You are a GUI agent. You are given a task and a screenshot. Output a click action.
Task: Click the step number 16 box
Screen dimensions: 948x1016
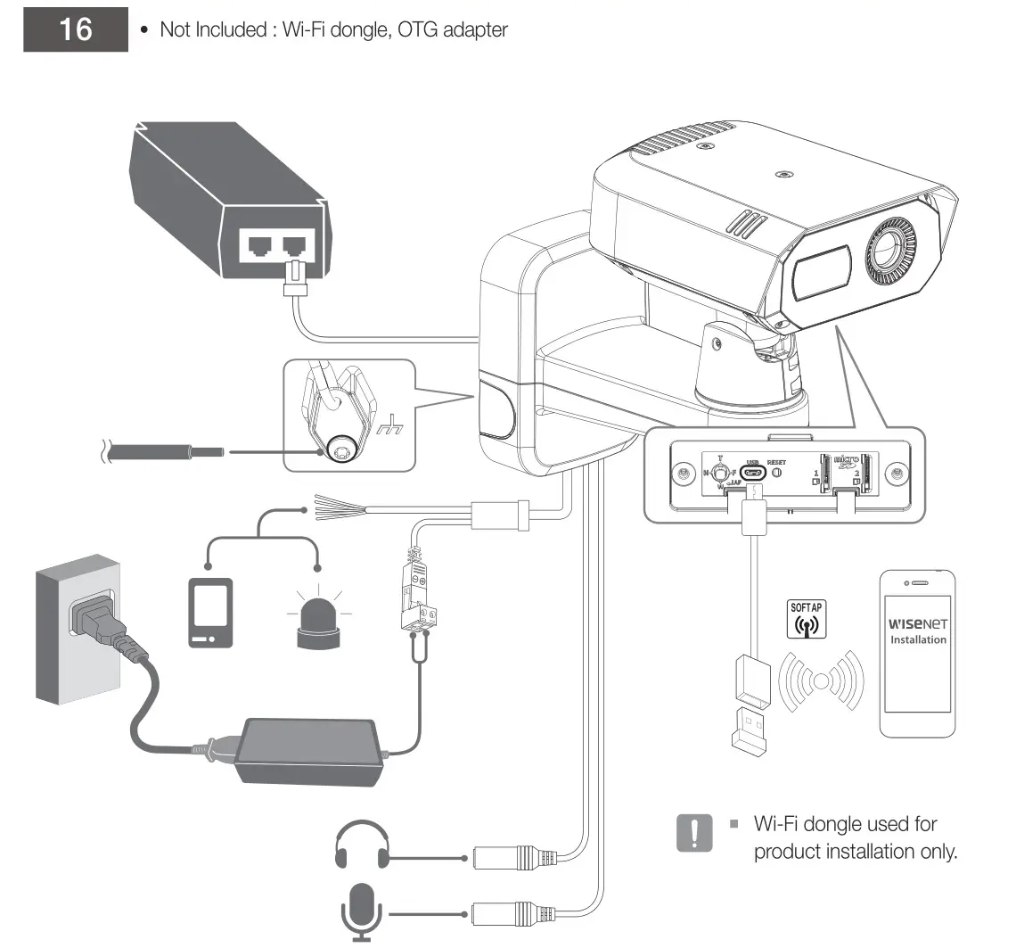click(x=76, y=29)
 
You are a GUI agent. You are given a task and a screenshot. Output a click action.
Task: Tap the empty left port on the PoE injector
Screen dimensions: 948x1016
click(x=258, y=245)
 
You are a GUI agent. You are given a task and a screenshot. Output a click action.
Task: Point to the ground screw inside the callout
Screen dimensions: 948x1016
click(x=340, y=453)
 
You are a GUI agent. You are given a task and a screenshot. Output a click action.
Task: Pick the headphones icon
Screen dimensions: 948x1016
click(x=362, y=846)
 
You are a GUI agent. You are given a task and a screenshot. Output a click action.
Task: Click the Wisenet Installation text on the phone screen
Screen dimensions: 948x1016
click(x=917, y=631)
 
